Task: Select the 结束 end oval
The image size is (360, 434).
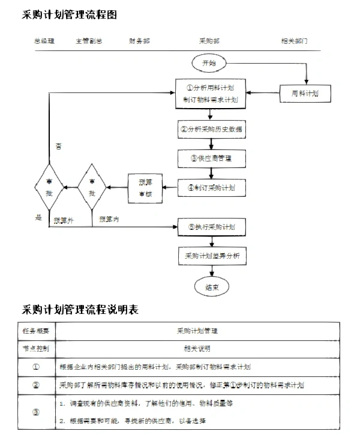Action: tap(211, 288)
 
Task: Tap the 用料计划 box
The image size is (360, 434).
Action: tap(305, 93)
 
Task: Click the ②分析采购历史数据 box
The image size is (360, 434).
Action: tap(211, 129)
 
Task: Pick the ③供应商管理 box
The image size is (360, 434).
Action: tap(211, 158)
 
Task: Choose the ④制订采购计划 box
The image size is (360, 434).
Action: tap(211, 188)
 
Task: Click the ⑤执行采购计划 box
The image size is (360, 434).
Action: tap(211, 227)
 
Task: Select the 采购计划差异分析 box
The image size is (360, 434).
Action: tap(211, 256)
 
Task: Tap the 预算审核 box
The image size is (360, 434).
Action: tap(145, 188)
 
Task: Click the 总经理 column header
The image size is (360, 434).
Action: tap(44, 41)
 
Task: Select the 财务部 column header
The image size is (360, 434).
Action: tap(139, 41)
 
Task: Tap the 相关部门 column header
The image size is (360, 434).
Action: tap(294, 41)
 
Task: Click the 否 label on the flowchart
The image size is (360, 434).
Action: tap(58, 146)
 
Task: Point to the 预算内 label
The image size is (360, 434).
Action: tap(109, 220)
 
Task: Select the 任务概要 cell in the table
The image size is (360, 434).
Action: tap(36, 331)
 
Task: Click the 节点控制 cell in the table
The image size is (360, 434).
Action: tap(36, 348)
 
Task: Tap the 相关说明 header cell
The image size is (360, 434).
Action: tap(197, 348)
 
